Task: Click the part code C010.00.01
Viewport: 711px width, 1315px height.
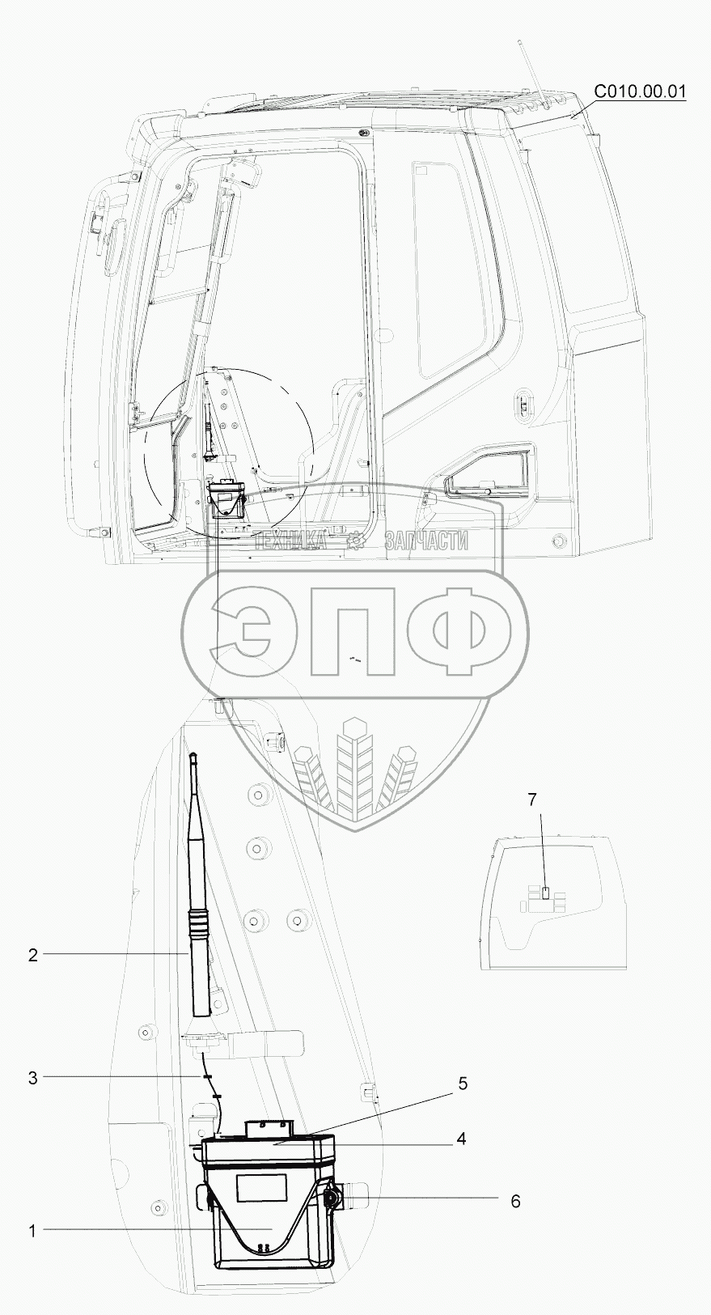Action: click(x=640, y=91)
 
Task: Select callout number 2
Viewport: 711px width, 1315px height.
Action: click(x=33, y=955)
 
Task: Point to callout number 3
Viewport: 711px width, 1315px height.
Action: click(x=33, y=1078)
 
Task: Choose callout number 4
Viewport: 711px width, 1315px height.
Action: click(x=461, y=1139)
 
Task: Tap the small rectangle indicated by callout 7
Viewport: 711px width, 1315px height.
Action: click(x=545, y=893)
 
